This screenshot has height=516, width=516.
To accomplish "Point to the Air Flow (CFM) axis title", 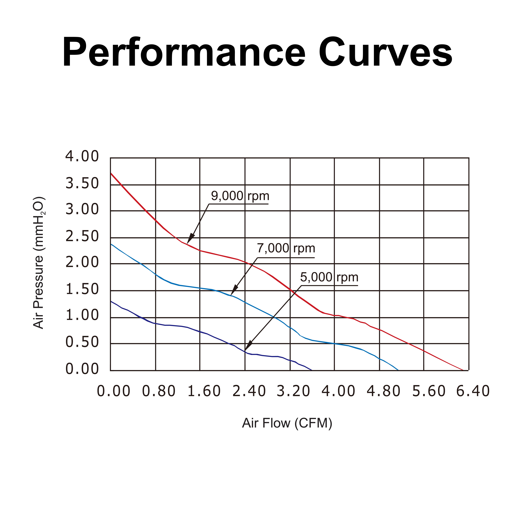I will click(x=287, y=423).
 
